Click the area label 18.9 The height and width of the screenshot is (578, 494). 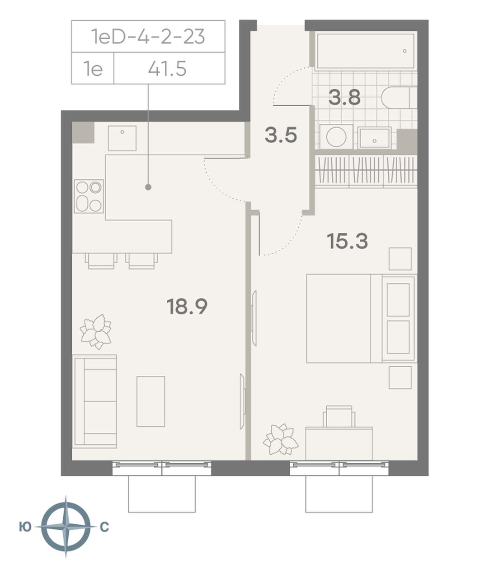(x=187, y=307)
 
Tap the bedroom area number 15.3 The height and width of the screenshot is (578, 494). (x=347, y=241)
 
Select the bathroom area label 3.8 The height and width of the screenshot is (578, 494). (x=344, y=98)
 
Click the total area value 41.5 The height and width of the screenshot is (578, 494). (x=167, y=69)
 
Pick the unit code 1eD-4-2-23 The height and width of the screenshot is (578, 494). (x=148, y=37)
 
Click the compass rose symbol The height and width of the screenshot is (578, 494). (x=66, y=527)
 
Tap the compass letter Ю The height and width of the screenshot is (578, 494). (x=25, y=527)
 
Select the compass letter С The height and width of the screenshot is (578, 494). (x=104, y=527)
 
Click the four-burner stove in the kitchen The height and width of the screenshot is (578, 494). (x=89, y=196)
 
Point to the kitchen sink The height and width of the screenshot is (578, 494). (x=122, y=138)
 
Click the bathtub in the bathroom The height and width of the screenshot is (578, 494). (x=365, y=51)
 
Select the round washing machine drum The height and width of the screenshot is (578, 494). (x=336, y=137)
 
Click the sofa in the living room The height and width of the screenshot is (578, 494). (x=94, y=401)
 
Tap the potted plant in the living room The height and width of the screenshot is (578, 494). (x=96, y=331)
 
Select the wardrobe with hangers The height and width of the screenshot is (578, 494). (x=366, y=171)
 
